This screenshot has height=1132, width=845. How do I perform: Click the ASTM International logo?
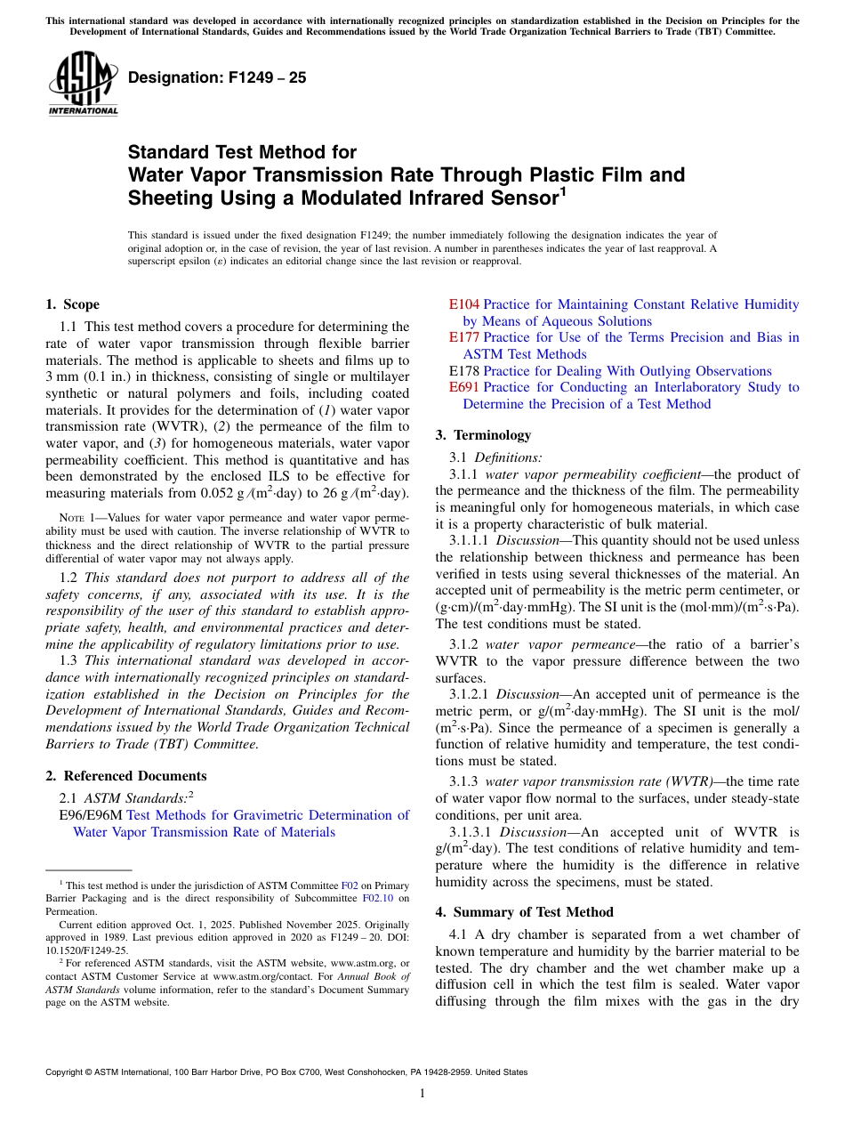pos(83,84)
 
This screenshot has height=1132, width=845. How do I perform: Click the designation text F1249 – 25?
pos(217,77)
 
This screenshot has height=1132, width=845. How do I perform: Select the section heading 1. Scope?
pos(72,304)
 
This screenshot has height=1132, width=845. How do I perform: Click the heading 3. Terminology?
pos(483,435)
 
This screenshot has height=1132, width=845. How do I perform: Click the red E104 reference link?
pos(463,304)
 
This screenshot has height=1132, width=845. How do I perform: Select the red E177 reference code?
pos(463,337)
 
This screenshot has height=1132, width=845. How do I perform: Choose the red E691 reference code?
pos(463,387)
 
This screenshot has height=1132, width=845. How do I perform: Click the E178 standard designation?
pos(463,371)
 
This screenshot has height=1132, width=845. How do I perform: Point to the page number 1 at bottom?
pos(422,1094)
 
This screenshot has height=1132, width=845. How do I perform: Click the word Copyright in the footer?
pos(68,1072)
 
